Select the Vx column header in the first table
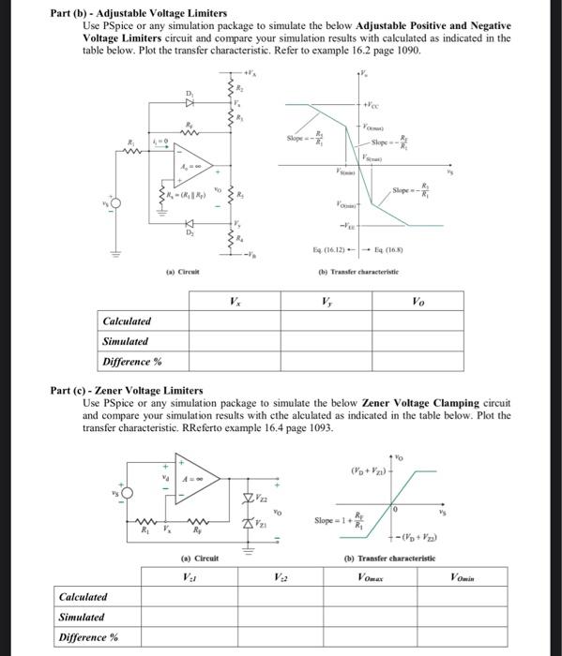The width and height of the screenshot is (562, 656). pyautogui.click(x=234, y=302)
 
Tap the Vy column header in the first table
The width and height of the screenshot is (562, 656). pyautogui.click(x=325, y=302)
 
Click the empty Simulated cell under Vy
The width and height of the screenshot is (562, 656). pyautogui.click(x=325, y=342)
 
